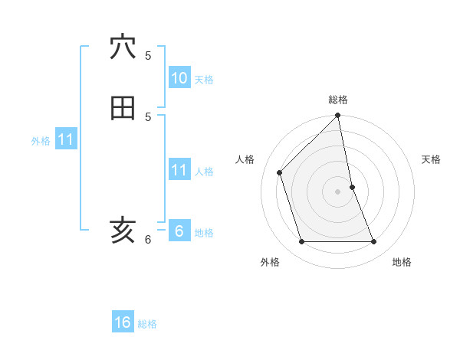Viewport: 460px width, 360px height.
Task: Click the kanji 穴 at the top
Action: coord(123,47)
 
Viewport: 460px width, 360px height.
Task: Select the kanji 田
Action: coord(123,108)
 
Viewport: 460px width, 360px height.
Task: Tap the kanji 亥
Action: coord(123,230)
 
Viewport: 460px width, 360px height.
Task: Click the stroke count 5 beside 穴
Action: coord(148,55)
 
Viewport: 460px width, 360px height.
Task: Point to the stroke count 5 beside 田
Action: coord(148,116)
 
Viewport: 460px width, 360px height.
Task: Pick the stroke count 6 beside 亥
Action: coord(148,239)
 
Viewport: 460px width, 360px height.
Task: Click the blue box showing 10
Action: coord(179,78)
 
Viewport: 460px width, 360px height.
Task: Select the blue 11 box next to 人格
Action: coord(179,169)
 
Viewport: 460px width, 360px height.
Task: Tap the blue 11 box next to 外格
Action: coord(66,139)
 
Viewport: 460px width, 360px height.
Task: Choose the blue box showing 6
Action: coord(179,231)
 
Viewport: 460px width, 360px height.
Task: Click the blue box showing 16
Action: coord(123,322)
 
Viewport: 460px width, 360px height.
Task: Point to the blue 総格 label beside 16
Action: coord(147,324)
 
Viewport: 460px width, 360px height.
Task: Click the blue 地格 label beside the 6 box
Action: coord(204,233)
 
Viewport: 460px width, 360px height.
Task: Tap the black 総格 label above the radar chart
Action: coord(338,100)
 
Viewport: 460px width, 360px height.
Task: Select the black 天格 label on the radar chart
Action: coord(431,159)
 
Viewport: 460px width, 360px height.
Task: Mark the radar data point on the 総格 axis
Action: coord(338,116)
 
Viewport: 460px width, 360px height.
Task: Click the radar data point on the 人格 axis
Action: coord(280,172)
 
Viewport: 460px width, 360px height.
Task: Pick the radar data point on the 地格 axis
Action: coord(374,242)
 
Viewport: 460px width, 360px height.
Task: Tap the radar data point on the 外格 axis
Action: coord(302,242)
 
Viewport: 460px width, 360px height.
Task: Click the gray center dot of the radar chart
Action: coord(338,191)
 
